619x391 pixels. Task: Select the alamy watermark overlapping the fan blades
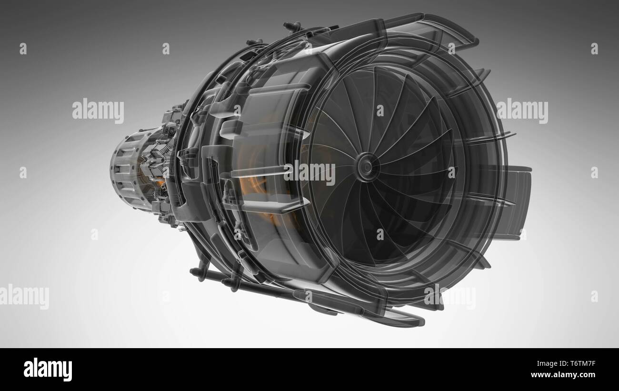309,172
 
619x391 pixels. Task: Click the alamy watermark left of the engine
98,111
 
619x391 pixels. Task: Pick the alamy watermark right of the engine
522,111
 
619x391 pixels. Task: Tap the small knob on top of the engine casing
291,25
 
